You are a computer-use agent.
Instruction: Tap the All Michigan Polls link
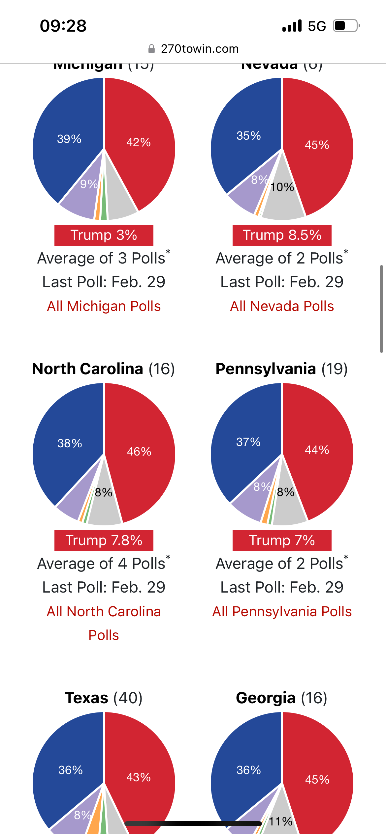coord(104,306)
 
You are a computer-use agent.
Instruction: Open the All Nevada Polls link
coord(282,306)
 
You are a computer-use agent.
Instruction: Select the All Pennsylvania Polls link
coord(282,612)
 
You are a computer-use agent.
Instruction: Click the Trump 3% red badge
coord(104,235)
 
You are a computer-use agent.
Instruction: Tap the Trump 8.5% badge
coord(282,235)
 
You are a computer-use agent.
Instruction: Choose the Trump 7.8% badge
coord(104,541)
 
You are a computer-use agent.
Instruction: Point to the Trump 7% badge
coord(282,541)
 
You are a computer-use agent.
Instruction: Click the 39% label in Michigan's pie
coord(69,139)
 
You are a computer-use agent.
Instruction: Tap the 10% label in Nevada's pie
coord(282,187)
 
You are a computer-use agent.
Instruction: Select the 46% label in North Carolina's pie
coord(139,451)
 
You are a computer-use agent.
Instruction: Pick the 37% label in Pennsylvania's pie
coord(248,442)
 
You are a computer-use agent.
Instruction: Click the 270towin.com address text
coord(200,49)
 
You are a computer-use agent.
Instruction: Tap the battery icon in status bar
coord(345,26)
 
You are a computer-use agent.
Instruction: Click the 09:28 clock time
coord(63,26)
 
